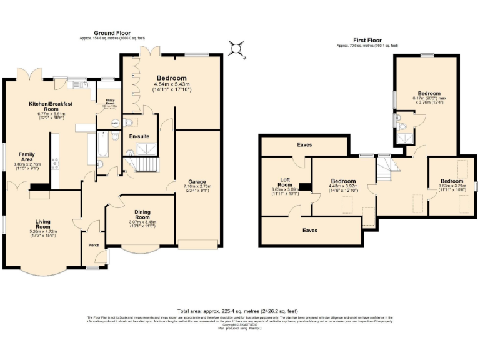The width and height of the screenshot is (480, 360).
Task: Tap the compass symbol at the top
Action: (x=237, y=47)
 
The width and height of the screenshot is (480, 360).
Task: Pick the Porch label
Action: (x=94, y=245)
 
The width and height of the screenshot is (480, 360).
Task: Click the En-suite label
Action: (x=138, y=136)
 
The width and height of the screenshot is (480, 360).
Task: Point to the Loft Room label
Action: (x=285, y=182)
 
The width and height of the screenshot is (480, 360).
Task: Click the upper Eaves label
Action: (x=304, y=144)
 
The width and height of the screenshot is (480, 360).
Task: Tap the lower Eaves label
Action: (x=310, y=231)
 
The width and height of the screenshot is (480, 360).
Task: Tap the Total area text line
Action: (x=238, y=311)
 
